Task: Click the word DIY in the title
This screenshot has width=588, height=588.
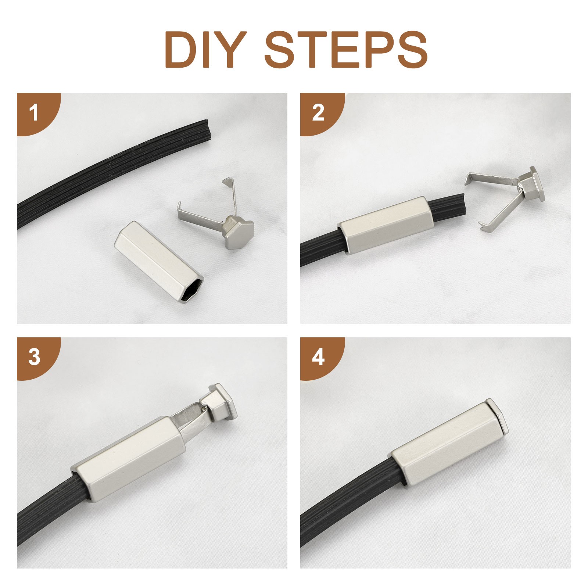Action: click(202, 49)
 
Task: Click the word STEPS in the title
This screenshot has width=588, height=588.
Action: click(346, 49)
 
